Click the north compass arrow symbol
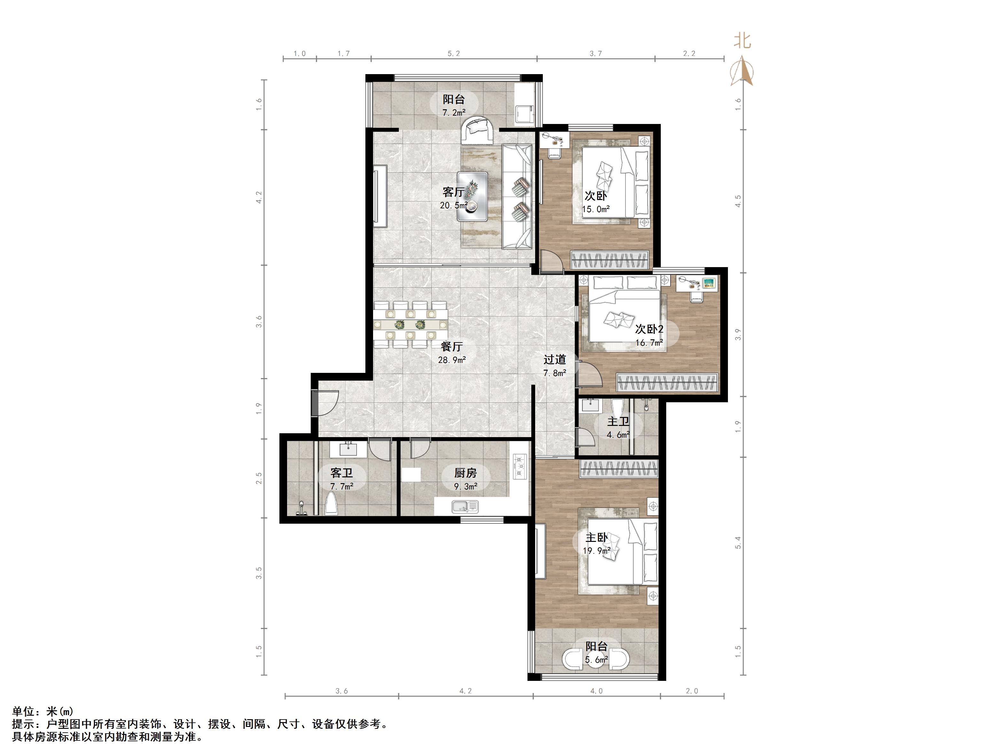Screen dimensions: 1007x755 coord(742,71)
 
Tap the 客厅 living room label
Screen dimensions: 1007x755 coord(453,192)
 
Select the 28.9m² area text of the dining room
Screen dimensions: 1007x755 coord(452,360)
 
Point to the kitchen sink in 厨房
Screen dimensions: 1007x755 coord(465,506)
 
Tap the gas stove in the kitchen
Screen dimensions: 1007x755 coord(520,466)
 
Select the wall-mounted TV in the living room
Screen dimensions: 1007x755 coord(380,196)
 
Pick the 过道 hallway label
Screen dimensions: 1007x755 coord(554,359)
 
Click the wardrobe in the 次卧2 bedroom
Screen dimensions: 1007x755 coord(667,382)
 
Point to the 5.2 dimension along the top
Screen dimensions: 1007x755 coord(453,54)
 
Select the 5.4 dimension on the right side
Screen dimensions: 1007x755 coord(738,543)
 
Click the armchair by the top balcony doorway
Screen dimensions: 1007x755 coord(477,131)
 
